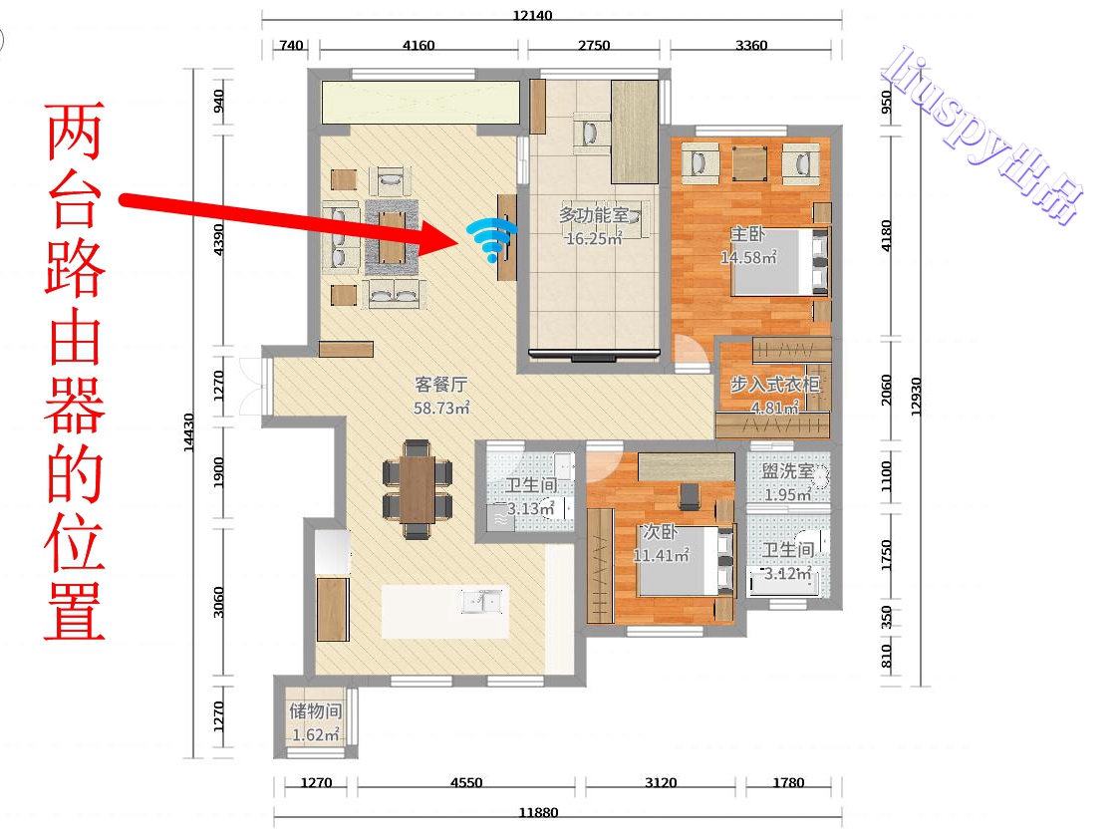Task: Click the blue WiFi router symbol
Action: point(492,239)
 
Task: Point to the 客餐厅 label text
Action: point(441,384)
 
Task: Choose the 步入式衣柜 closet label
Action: point(774,385)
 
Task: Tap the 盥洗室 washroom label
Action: point(787,472)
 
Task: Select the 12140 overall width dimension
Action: point(532,15)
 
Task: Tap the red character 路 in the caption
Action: point(74,268)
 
